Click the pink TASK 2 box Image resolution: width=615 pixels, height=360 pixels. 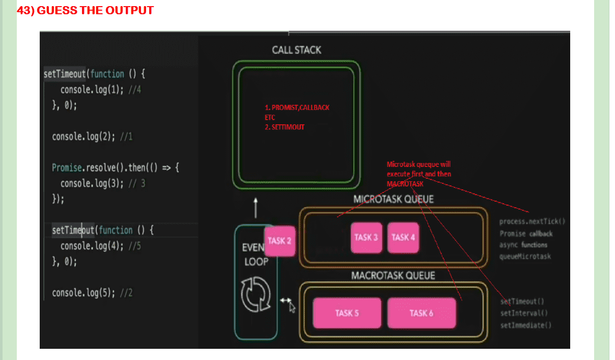279,241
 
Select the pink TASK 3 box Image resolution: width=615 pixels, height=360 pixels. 367,237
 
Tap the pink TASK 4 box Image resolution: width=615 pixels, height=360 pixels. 403,237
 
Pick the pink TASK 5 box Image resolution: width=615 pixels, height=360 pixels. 347,313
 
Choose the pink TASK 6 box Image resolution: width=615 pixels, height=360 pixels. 421,313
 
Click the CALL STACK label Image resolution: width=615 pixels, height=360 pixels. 296,50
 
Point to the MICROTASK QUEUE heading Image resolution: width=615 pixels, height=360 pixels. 393,199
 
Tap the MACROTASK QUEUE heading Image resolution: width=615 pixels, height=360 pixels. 393,275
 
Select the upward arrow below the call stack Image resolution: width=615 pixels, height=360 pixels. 256,208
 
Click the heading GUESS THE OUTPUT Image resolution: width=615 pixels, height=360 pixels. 85,10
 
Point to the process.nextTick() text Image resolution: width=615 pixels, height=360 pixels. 532,221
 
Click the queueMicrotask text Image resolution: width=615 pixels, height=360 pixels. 525,256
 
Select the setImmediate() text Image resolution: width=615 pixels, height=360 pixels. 526,325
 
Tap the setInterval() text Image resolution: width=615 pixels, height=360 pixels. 524,313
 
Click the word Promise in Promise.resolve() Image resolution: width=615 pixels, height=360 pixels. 67,168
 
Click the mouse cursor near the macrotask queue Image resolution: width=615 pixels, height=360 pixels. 292,307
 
